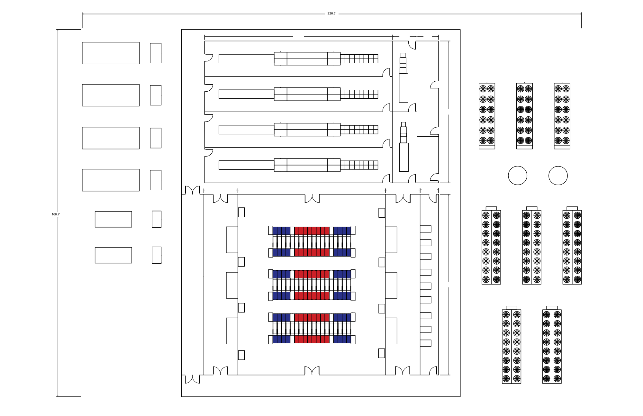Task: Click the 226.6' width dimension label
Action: coord(332,14)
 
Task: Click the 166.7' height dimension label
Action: coord(56,214)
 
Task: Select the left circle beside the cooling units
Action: coord(518,176)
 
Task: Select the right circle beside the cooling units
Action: coord(558,176)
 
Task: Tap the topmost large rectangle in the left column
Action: coord(111,53)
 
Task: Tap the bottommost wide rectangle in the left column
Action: coord(113,255)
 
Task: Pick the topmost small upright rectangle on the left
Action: coord(156,53)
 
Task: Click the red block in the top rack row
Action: coord(312,231)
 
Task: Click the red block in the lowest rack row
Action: coord(312,339)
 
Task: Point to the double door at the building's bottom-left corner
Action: coord(192,379)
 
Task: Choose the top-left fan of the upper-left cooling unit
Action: coord(483,89)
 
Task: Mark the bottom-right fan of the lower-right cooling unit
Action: coord(557,379)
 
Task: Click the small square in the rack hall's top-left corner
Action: coord(241,212)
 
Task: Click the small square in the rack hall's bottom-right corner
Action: coord(382,353)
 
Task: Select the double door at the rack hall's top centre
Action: coord(312,199)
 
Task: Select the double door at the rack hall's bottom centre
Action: coord(312,371)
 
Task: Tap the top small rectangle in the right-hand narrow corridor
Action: coord(426,229)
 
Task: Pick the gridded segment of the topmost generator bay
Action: coord(359,59)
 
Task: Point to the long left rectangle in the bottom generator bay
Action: coord(246,165)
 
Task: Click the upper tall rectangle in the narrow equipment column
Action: coord(403,88)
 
